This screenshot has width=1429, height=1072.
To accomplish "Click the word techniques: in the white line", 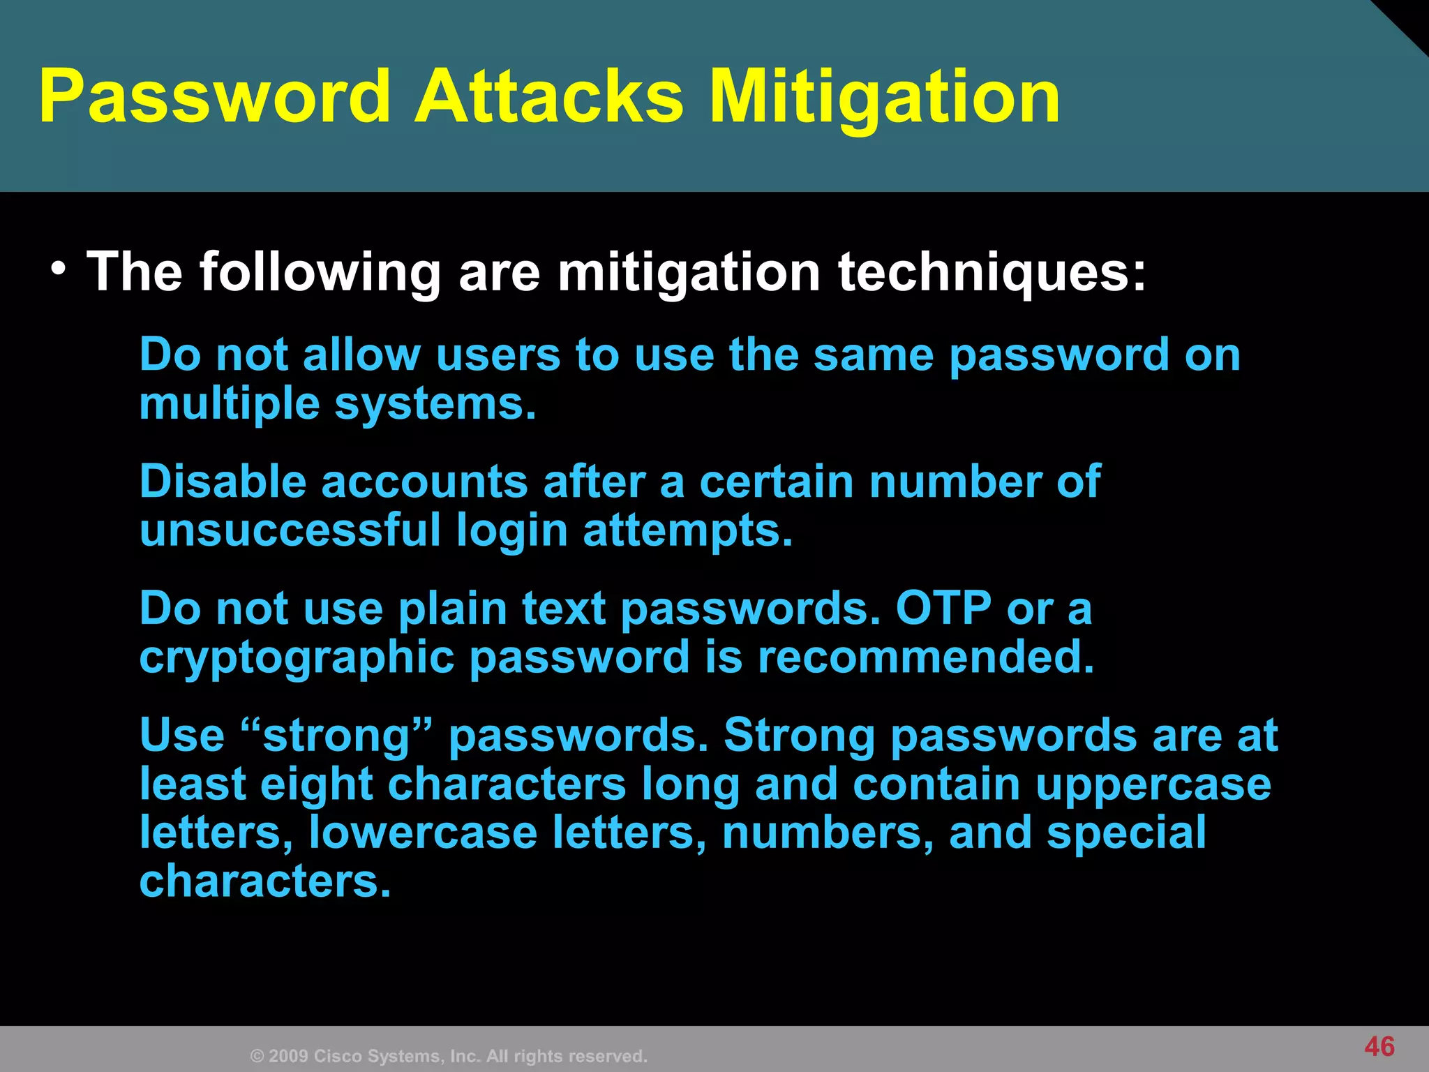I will click(992, 272).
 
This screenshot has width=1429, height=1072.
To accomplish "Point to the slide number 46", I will click(1379, 1046).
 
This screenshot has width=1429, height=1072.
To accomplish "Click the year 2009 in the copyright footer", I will click(287, 1056).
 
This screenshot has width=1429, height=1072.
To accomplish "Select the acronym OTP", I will click(943, 608).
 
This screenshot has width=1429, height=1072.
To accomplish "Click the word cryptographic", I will click(297, 658).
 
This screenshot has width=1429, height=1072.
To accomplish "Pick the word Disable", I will click(223, 482).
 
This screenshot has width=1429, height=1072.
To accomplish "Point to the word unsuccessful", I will click(290, 530).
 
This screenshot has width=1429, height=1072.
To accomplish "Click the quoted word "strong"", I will click(337, 736).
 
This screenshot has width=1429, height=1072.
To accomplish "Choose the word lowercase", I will click(423, 833).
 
